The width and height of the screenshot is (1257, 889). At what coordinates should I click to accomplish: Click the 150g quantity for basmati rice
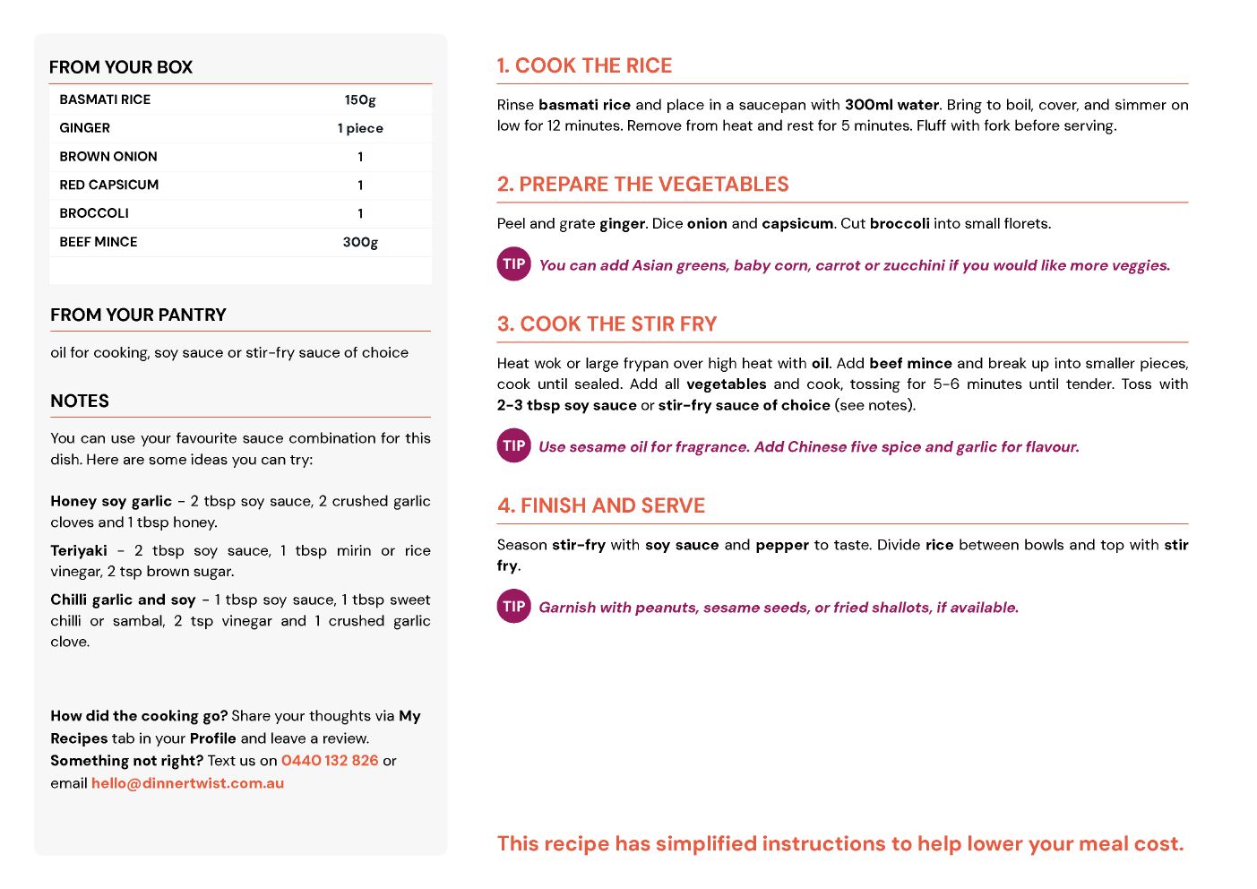coord(360,99)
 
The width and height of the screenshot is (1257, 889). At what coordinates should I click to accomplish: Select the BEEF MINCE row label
coord(99,242)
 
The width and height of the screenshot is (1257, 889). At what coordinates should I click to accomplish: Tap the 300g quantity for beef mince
coord(360,242)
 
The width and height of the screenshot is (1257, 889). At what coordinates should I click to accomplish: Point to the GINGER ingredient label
coord(85,128)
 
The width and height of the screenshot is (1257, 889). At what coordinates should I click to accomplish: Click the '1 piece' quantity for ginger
coord(360,128)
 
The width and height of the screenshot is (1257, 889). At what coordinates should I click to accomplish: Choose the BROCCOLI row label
coord(94,213)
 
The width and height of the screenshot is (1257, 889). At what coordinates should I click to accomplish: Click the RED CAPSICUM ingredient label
coord(109,185)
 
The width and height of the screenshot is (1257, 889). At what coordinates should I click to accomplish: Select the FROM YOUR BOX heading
coord(121,67)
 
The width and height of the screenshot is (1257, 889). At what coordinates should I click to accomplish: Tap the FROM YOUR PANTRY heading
coord(138,315)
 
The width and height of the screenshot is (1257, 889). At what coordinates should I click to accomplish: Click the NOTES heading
coord(80,401)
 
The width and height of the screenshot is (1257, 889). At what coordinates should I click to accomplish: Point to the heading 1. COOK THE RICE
coord(584,65)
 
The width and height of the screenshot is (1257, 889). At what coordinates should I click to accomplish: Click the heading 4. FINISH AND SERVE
coord(601,505)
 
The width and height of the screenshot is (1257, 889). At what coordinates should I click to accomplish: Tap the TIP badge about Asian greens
coord(514,263)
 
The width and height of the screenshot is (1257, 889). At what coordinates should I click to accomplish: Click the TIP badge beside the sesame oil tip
coord(514,445)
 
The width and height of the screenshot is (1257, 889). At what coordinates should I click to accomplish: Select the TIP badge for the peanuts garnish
coord(514,606)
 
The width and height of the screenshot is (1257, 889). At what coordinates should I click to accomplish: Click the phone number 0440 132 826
coord(330,760)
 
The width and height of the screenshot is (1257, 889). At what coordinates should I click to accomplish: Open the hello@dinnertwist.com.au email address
coord(187,782)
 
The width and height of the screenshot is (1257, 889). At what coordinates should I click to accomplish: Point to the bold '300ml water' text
coord(891,105)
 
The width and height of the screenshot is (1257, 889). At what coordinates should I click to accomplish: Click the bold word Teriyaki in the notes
coord(79,550)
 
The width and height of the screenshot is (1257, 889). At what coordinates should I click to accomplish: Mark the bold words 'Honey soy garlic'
coord(111,501)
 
